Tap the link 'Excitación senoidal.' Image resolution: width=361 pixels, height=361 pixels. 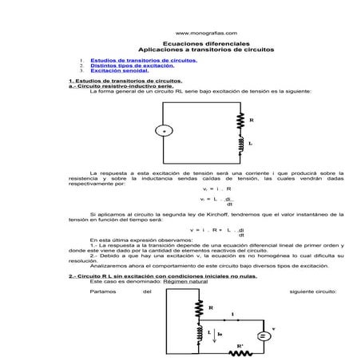pos(120,71)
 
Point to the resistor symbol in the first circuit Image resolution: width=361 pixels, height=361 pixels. pos(240,121)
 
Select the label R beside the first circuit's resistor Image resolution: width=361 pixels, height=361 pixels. pos(252,121)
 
